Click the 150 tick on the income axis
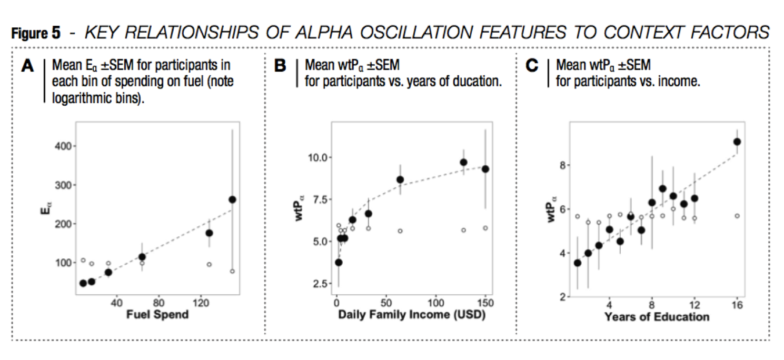click(x=485, y=303)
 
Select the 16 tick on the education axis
click(x=737, y=305)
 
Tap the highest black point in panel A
click(x=232, y=199)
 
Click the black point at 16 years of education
click(x=737, y=142)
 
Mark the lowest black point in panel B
click(x=339, y=262)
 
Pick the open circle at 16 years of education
click(x=737, y=216)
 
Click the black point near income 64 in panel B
click(x=400, y=179)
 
